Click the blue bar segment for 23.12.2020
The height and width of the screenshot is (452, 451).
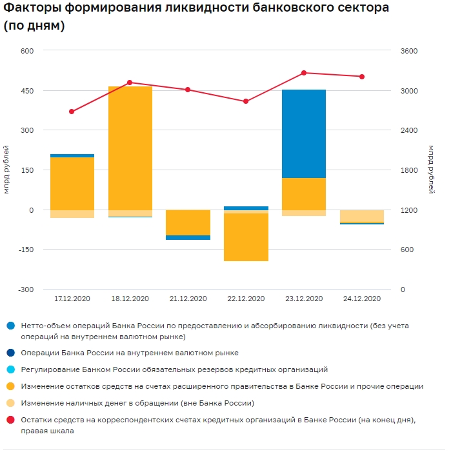click(x=304, y=133)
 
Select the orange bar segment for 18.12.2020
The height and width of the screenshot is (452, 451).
click(x=130, y=148)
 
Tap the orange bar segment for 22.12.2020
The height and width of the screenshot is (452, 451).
click(x=246, y=237)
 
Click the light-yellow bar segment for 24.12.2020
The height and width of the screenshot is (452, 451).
click(x=362, y=216)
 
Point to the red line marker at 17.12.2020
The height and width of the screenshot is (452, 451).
click(x=72, y=112)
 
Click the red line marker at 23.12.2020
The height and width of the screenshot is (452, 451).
click(x=304, y=73)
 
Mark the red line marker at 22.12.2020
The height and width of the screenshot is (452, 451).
click(x=246, y=101)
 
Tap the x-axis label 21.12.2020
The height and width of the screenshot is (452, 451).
click(x=188, y=299)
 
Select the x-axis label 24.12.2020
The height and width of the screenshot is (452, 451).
click(x=362, y=299)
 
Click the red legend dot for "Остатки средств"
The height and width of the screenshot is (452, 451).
click(x=10, y=420)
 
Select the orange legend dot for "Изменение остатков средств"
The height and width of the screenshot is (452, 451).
click(x=10, y=386)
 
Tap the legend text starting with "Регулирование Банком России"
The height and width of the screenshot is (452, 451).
click(x=174, y=369)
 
